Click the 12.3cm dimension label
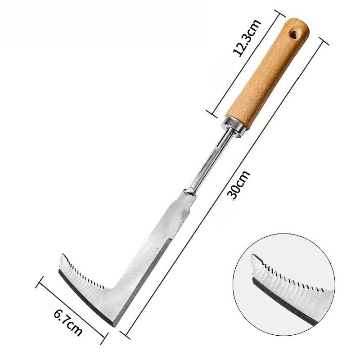point(247,38)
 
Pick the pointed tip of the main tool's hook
point(63,255)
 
